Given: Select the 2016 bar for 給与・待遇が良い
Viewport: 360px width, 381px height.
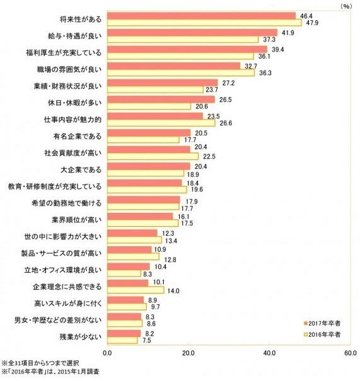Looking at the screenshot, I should [x=182, y=40].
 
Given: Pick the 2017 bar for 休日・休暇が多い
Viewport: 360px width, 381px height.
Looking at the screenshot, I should [x=161, y=99].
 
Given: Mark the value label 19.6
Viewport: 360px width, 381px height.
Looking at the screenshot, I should [x=197, y=190].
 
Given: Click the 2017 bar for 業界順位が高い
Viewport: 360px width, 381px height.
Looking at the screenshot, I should [x=139, y=216].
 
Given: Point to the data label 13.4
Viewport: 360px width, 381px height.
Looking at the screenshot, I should [x=171, y=240].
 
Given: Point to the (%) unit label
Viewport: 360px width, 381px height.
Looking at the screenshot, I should [x=345, y=5].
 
